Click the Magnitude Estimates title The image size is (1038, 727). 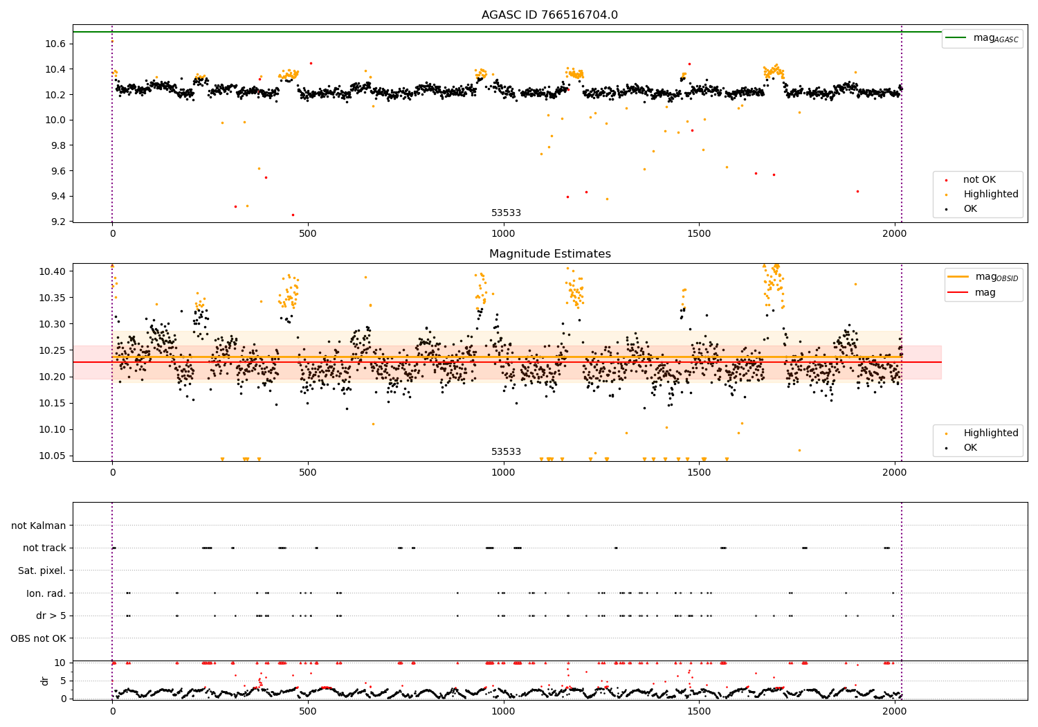tap(549, 254)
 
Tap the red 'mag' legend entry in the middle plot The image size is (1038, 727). tap(985, 292)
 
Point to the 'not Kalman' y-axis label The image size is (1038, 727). tap(39, 526)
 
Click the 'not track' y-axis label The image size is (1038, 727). tap(44, 548)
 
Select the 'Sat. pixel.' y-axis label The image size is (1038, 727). tap(42, 571)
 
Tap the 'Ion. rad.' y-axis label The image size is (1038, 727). tap(46, 593)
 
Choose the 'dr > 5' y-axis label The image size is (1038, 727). tap(51, 616)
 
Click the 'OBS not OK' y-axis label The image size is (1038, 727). tap(38, 638)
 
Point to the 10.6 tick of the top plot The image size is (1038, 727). tap(56, 44)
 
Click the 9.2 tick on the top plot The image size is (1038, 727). tap(58, 222)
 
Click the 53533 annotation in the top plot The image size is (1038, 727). tap(506, 213)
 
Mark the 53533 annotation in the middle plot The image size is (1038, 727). tap(506, 451)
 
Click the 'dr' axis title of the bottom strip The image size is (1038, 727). tap(45, 681)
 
